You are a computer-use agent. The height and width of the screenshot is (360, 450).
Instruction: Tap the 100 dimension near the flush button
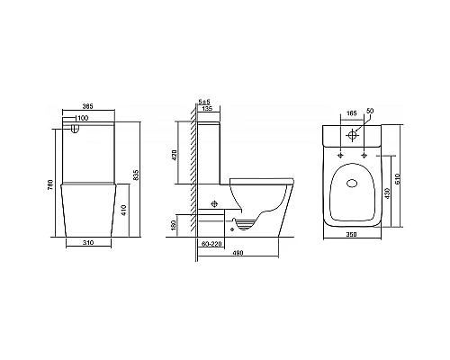point(83,118)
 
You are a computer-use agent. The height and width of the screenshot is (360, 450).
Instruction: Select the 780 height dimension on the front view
point(37,184)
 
